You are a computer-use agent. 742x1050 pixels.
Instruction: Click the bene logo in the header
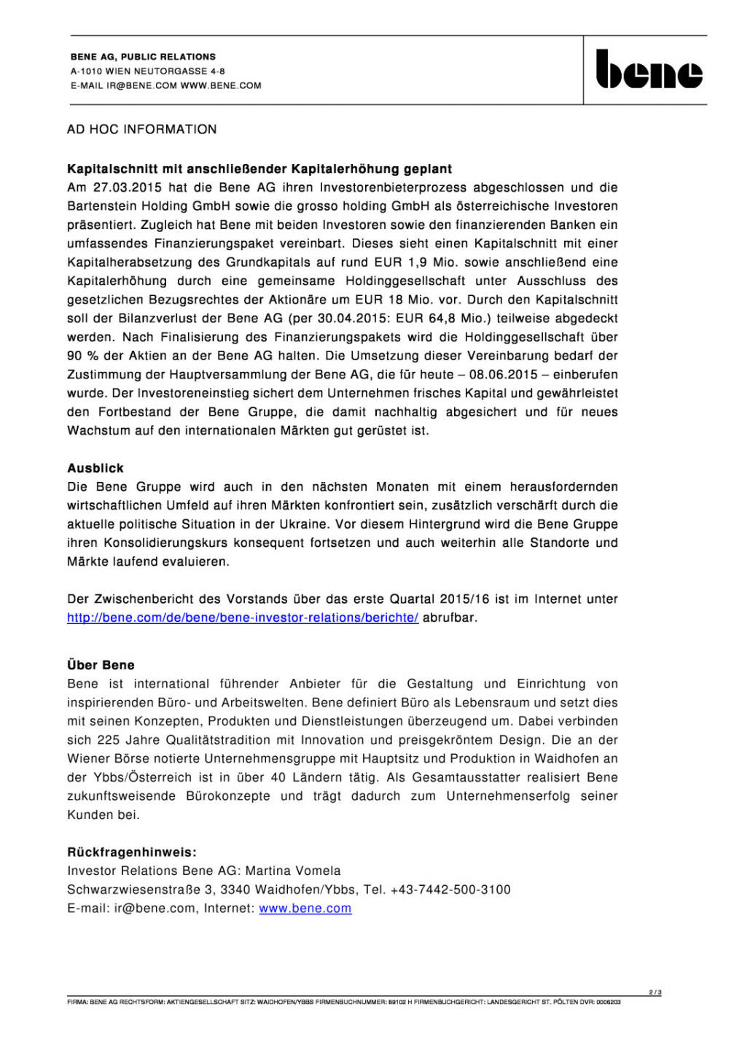[649, 70]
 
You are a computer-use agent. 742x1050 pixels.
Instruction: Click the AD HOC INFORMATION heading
[142, 130]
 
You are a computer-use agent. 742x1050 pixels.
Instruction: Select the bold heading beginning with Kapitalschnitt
[259, 169]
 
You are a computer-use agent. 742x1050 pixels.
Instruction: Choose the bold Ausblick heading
[95, 468]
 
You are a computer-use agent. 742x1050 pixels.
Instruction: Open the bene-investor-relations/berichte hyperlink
[243, 618]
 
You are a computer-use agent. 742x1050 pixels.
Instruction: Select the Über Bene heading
[101, 665]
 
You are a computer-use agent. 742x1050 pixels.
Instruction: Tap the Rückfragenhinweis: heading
[132, 852]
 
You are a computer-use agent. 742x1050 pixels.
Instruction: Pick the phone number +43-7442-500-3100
[450, 890]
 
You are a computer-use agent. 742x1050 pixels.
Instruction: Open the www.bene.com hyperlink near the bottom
[305, 909]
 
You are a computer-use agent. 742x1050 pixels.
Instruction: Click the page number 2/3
[655, 992]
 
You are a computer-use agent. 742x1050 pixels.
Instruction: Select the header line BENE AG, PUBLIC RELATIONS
[143, 57]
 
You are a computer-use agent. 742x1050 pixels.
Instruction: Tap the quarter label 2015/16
[464, 599]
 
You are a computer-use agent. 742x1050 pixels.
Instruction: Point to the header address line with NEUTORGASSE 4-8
[147, 71]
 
